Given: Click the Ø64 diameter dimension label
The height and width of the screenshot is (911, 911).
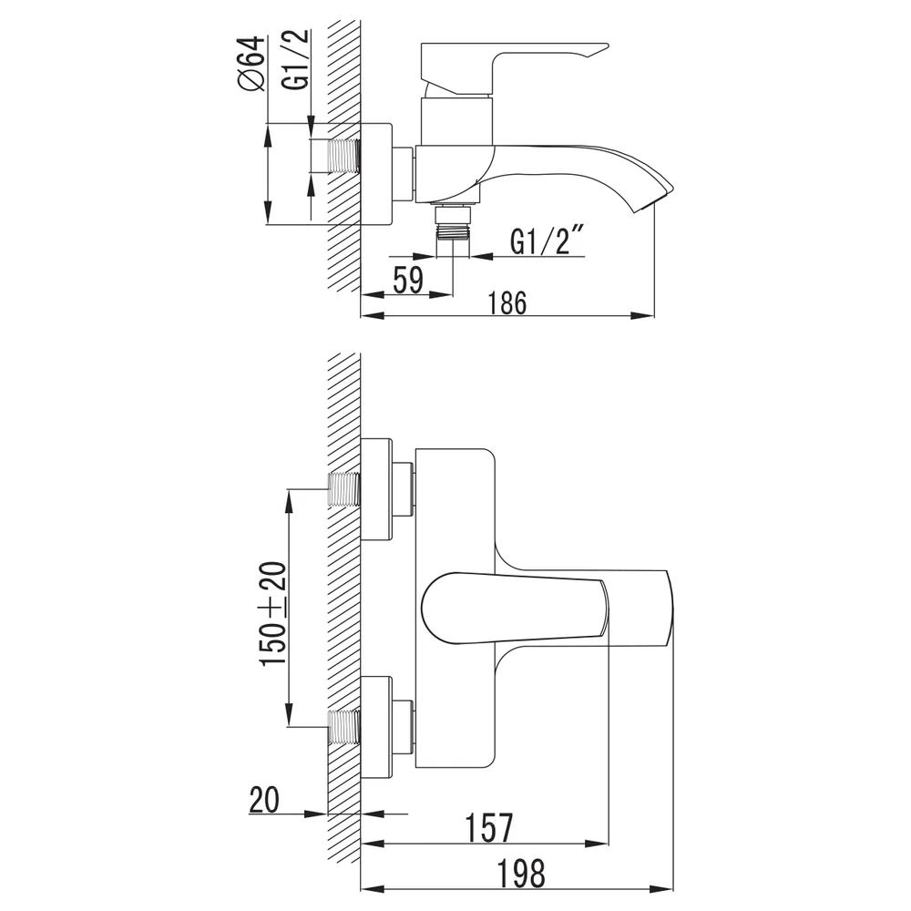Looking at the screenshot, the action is pyautogui.click(x=251, y=64).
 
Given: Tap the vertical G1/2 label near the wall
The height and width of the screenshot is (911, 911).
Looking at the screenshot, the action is pyautogui.click(x=296, y=59).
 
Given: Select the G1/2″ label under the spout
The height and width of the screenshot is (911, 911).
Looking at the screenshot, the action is pyautogui.click(x=548, y=241).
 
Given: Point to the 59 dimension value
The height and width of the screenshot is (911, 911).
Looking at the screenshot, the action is pyautogui.click(x=408, y=280).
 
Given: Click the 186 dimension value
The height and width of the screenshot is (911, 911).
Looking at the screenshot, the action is pyautogui.click(x=507, y=303).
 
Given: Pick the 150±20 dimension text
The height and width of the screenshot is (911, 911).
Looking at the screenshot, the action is pyautogui.click(x=273, y=614).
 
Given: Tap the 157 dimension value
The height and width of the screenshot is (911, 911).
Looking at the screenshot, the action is pyautogui.click(x=489, y=828).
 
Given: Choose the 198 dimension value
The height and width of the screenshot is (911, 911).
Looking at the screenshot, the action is pyautogui.click(x=521, y=874).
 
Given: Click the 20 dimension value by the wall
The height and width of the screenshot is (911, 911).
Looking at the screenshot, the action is pyautogui.click(x=264, y=800).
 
